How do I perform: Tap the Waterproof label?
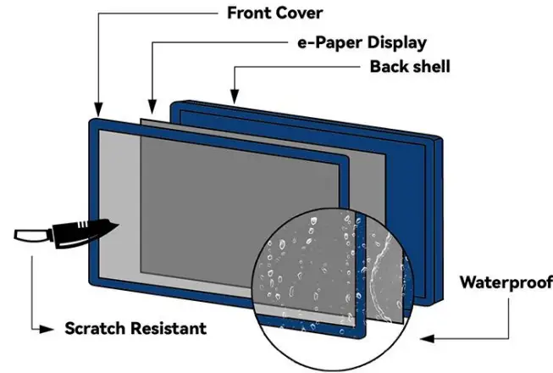[x=506, y=282]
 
